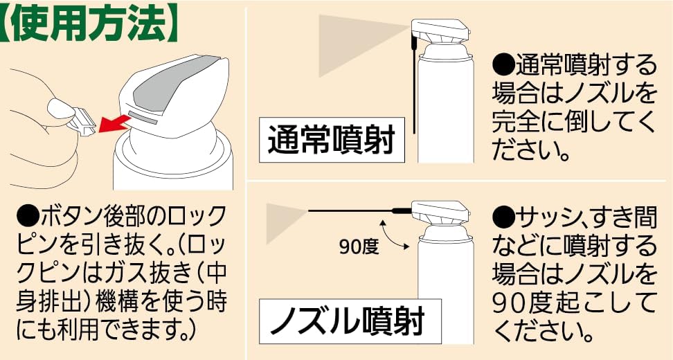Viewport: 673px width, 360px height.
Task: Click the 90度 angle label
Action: point(359,247)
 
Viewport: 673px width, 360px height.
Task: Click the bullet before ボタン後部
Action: point(25,215)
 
